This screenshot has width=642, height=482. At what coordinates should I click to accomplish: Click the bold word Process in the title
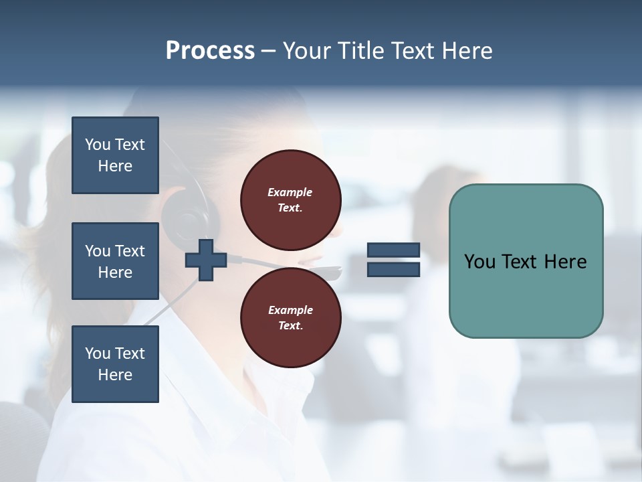(x=210, y=51)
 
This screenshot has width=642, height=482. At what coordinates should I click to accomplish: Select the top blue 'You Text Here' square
(x=115, y=155)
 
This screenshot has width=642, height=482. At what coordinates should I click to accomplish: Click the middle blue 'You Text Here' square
(x=115, y=261)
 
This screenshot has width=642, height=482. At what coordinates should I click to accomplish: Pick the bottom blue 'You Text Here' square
(x=115, y=364)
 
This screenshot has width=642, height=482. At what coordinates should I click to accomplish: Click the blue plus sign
(x=206, y=260)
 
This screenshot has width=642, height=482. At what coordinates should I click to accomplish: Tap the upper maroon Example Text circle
(x=291, y=199)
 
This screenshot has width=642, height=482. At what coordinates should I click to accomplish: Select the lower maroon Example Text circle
(x=291, y=318)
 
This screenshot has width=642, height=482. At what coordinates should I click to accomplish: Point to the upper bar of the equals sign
(x=393, y=250)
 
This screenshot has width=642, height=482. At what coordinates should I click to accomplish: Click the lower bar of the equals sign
(x=393, y=269)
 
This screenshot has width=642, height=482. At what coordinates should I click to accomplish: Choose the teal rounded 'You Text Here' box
(x=526, y=261)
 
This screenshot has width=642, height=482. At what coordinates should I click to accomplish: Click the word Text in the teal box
(x=525, y=262)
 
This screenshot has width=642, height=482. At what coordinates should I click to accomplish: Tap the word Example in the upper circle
(x=290, y=192)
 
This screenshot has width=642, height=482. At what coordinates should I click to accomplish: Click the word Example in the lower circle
(x=290, y=310)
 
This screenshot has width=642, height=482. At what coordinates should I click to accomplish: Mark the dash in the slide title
(x=269, y=52)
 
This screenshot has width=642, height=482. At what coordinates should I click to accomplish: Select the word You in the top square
(x=98, y=145)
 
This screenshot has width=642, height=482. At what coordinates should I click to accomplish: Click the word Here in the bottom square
(x=115, y=375)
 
